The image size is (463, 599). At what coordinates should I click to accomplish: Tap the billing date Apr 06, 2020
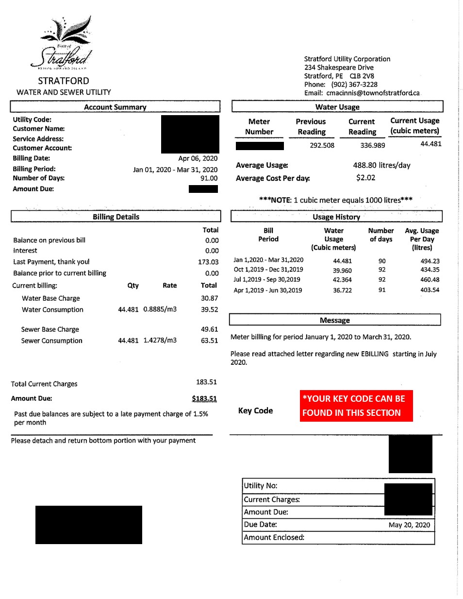click(x=198, y=158)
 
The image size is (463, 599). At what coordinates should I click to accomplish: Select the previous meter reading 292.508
click(x=322, y=145)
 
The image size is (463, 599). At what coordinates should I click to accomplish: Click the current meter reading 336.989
click(x=372, y=145)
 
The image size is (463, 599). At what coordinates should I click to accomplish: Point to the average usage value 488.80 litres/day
click(x=381, y=165)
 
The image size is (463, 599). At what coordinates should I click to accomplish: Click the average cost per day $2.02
click(x=365, y=178)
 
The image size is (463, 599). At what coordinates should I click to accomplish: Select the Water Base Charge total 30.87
click(x=209, y=298)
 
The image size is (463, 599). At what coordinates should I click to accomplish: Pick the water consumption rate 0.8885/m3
click(x=160, y=309)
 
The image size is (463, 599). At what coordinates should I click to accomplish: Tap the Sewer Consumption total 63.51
click(x=209, y=341)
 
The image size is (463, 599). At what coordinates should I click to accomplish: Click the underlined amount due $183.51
click(x=204, y=398)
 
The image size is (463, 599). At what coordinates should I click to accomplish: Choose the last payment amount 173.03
click(x=208, y=262)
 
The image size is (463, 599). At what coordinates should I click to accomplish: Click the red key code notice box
click(x=356, y=406)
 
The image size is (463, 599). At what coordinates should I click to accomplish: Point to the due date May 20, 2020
click(x=409, y=525)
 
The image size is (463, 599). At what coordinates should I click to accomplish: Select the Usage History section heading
click(x=336, y=217)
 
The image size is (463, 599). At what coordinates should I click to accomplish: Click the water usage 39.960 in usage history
click(x=342, y=271)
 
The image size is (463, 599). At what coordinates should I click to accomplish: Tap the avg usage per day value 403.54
click(x=430, y=290)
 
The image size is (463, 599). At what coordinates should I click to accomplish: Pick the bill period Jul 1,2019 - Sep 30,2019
click(x=267, y=280)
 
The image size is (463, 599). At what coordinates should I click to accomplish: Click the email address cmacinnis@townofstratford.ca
click(x=373, y=93)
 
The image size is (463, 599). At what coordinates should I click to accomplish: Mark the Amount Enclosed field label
click(x=274, y=537)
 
